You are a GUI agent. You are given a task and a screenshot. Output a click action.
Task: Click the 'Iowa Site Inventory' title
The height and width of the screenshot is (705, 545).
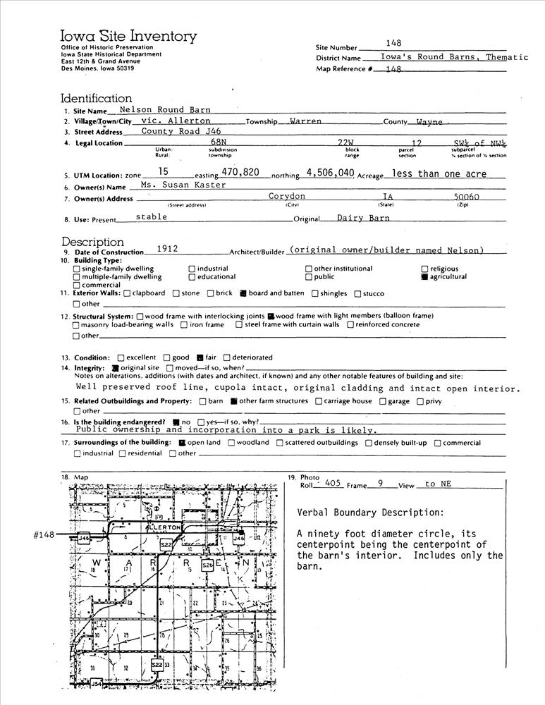coord(128,36)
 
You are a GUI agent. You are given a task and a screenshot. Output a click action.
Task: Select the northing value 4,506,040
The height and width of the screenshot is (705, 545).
coord(330,172)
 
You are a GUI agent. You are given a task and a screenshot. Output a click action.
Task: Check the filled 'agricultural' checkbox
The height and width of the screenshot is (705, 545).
coord(424,277)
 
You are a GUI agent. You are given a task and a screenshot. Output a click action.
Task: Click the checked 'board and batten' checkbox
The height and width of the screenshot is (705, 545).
coord(243,293)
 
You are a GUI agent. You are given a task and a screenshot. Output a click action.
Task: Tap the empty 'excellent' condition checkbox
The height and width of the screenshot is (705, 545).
coord(121,357)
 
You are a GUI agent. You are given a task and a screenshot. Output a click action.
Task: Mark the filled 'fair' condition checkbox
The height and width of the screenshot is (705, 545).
coord(200,357)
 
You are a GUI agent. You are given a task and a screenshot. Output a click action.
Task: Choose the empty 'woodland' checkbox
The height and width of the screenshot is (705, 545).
coord(231,443)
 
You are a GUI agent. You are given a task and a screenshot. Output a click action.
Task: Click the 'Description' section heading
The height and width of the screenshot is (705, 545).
coord(92,242)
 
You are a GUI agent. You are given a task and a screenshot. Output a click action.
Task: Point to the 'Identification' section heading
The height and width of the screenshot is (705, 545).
coord(96,99)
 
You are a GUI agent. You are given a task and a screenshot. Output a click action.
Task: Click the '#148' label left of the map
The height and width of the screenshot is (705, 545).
coord(44,535)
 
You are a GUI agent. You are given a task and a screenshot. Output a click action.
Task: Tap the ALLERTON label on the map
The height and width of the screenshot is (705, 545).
coord(164,527)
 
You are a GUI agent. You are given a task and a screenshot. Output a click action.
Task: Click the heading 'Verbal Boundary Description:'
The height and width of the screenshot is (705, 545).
coord(371,513)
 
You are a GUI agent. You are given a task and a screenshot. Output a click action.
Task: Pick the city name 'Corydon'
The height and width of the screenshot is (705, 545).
coord(287,197)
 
